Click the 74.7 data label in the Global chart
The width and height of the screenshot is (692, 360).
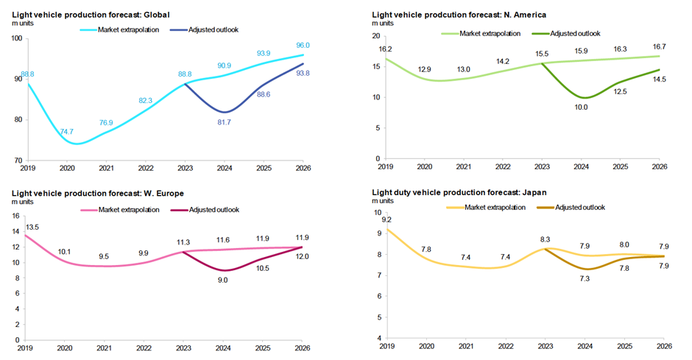(67, 132)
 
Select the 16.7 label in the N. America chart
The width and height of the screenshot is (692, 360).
(659, 46)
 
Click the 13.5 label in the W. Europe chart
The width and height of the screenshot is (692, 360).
(33, 227)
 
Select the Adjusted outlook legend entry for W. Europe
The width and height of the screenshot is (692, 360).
(213, 210)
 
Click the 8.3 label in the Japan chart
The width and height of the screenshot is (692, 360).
(544, 240)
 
